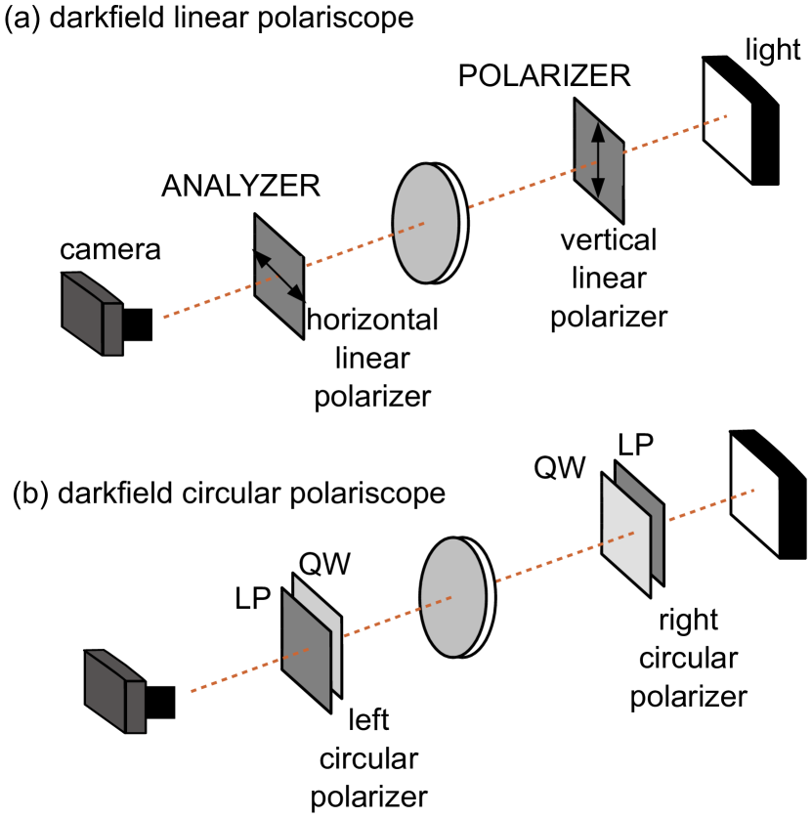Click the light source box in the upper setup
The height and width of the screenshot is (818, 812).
90,314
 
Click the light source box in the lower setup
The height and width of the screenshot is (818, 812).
113,691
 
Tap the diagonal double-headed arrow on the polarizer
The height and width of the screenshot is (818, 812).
279,277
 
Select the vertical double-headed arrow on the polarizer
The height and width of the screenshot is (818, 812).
598,160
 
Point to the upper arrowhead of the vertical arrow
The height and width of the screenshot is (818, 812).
598,130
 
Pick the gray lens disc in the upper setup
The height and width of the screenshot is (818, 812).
425,223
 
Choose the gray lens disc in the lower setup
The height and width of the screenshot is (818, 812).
452,597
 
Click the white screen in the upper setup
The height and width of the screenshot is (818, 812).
728,120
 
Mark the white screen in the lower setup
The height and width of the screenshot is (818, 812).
755,495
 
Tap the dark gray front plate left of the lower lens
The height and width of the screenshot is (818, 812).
306,651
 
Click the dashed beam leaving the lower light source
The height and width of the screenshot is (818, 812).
235,675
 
